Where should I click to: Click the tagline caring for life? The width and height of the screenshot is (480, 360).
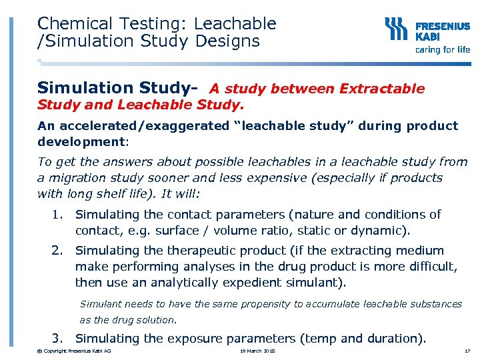click(x=442, y=49)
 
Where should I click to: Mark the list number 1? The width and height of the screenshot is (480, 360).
click(x=58, y=215)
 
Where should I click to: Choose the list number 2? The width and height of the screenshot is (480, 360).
click(x=58, y=251)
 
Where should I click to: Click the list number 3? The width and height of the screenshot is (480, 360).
click(x=58, y=339)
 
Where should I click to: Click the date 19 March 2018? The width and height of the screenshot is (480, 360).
click(x=257, y=351)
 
